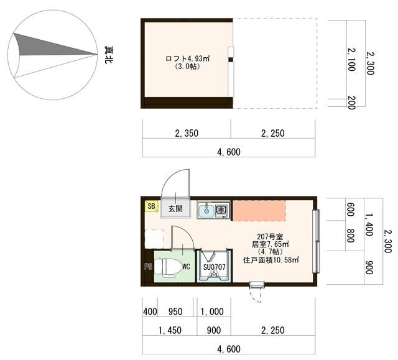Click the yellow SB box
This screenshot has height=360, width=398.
[151, 206]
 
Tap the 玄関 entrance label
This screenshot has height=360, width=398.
[175, 209]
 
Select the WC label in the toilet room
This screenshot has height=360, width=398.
[186, 267]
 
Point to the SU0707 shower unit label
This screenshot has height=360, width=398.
[215, 267]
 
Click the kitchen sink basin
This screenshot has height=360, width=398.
[206, 210]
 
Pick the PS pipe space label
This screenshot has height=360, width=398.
[148, 267]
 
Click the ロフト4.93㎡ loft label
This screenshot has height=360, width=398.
[188, 58]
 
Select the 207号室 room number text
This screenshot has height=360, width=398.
[270, 238]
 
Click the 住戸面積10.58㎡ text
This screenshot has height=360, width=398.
[271, 260]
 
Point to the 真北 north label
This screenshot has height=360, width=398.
[109, 55]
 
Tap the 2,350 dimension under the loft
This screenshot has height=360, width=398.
[187, 133]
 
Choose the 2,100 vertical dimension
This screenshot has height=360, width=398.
[351, 60]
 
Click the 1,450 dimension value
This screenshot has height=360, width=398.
[170, 330]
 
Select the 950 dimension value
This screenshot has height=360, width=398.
[175, 312]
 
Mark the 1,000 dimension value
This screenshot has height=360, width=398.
[212, 312]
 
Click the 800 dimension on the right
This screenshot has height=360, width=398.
[351, 236]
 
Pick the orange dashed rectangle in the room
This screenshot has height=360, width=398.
[259, 211]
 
